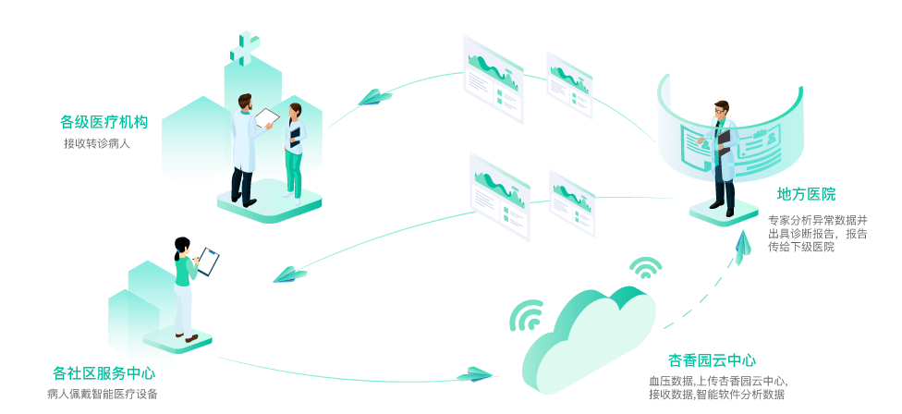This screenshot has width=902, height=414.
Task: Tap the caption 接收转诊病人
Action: point(97,143)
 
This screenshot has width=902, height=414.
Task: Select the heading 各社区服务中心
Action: point(104,373)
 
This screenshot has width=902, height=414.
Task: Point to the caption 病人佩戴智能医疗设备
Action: point(102,395)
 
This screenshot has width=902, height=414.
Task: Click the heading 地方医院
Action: point(806,194)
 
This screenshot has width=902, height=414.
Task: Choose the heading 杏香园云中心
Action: point(712,360)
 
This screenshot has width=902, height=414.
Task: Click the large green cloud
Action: point(587,337)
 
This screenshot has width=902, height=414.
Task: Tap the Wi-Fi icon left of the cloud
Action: point(528,316)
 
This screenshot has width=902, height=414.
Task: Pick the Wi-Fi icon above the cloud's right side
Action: point(645,268)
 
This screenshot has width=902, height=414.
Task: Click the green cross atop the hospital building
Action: point(245,47)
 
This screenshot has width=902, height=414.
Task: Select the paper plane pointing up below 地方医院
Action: point(742,244)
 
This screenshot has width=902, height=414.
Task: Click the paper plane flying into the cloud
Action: point(475,374)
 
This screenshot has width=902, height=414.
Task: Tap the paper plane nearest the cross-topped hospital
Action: point(373,97)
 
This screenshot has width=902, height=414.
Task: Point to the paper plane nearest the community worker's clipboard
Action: point(289,274)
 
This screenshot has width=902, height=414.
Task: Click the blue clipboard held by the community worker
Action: point(209,261)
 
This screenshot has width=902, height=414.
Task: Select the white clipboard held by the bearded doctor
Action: point(267,118)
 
